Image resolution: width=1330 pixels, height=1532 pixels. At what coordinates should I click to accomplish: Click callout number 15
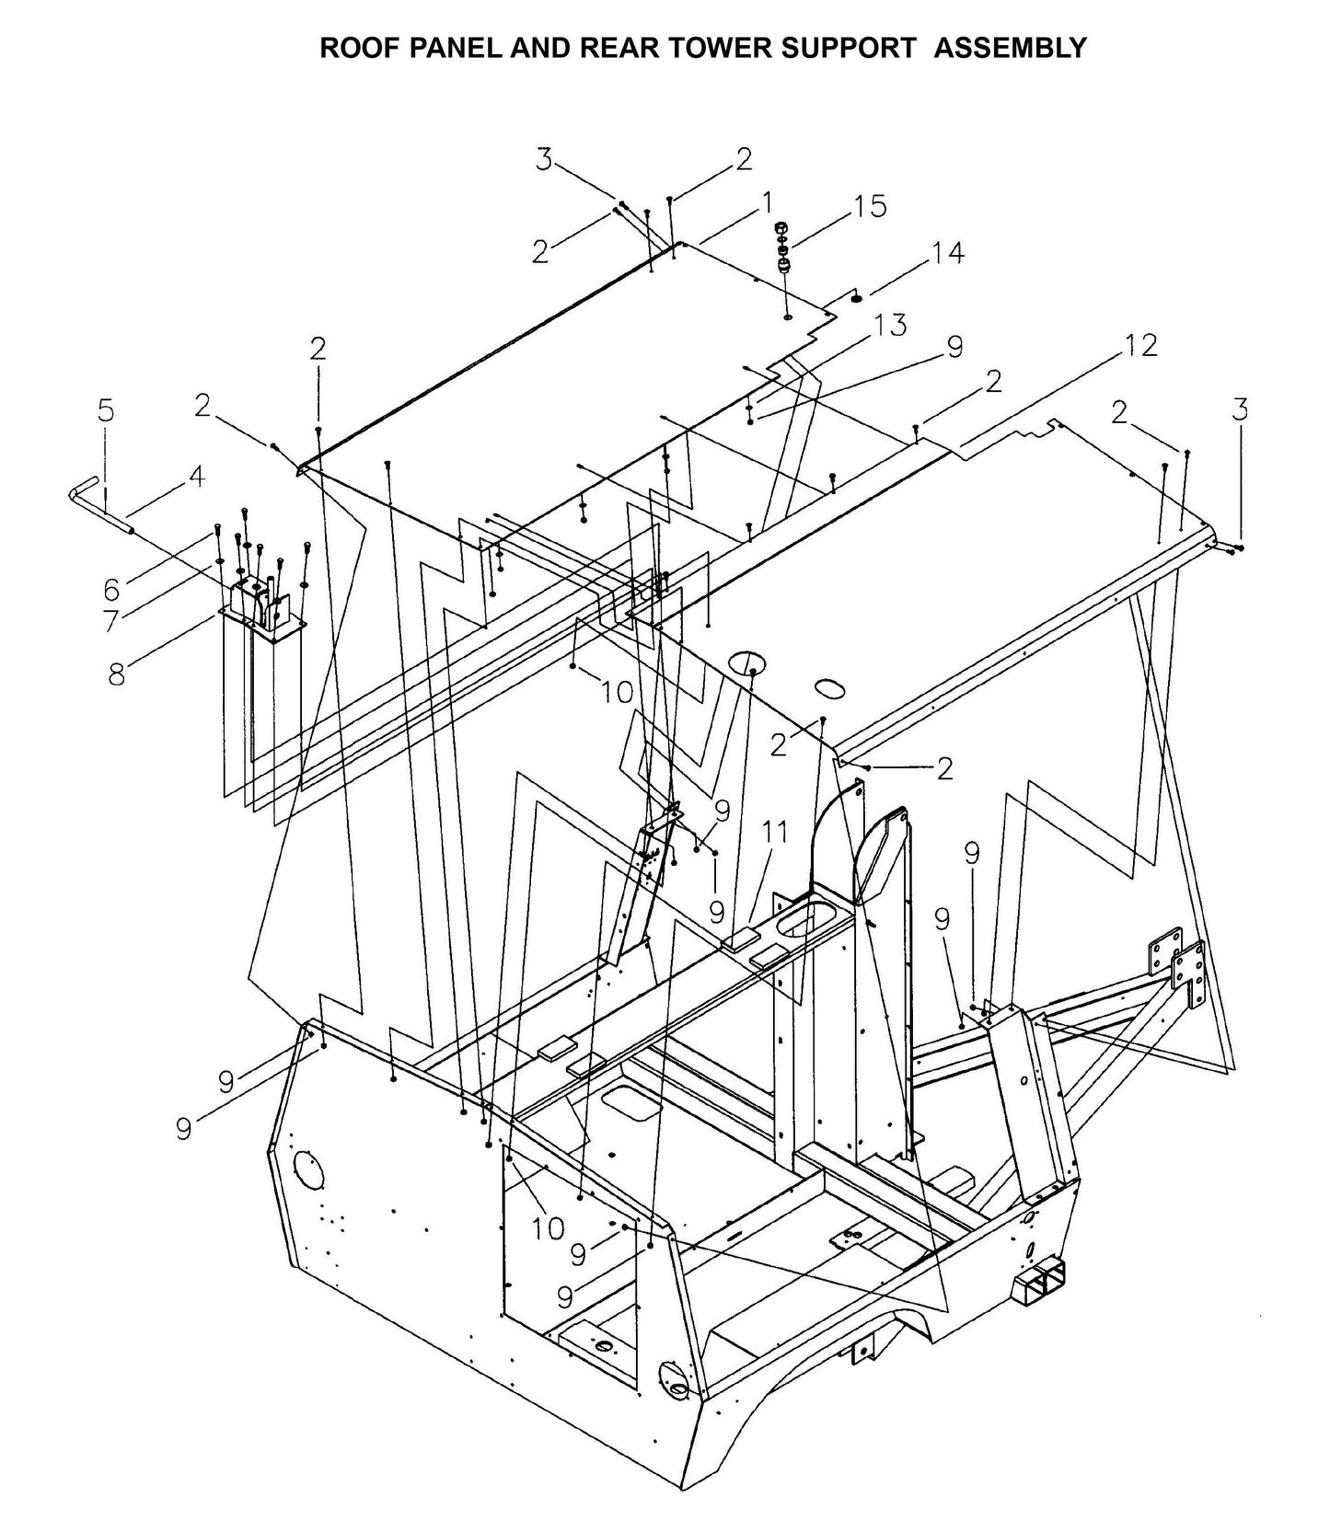[869, 206]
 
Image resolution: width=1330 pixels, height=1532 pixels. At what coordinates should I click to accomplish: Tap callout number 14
[948, 252]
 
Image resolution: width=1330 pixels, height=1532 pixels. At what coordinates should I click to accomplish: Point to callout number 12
[1139, 345]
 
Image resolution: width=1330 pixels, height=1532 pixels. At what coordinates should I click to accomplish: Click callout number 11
[774, 832]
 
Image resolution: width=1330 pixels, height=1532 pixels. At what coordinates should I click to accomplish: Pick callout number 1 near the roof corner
[765, 202]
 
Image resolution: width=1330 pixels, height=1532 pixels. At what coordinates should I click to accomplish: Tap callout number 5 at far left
[107, 410]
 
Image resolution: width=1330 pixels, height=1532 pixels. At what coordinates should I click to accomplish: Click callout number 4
[195, 476]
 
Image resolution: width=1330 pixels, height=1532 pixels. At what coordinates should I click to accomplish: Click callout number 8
[117, 674]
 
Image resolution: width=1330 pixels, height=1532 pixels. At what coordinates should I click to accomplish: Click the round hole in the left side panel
[308, 1175]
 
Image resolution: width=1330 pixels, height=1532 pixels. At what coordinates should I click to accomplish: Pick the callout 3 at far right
[1240, 409]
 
